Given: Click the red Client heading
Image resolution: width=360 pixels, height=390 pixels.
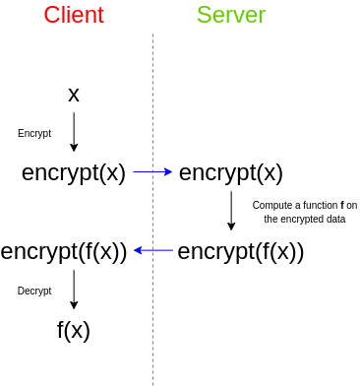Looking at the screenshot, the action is [74, 15].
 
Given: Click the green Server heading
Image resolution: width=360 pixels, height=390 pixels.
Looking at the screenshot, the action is [231, 15].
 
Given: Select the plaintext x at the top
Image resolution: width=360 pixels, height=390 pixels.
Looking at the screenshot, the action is [74, 96].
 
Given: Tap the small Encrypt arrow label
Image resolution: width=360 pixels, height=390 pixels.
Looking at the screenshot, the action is [34, 134].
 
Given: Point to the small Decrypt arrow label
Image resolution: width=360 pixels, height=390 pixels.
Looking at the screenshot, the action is [34, 291].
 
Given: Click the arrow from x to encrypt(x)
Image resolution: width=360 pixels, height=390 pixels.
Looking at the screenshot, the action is [74, 132].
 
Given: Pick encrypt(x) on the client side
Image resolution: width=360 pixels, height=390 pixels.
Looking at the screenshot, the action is [74, 173].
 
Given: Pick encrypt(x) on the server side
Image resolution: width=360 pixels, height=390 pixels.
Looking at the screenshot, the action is [231, 173].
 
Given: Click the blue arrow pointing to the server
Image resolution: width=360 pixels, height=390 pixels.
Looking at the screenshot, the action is [152, 171].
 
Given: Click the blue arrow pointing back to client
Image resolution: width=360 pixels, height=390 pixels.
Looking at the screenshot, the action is [153, 250].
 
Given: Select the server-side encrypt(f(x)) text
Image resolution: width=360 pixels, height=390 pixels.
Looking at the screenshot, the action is [241, 252].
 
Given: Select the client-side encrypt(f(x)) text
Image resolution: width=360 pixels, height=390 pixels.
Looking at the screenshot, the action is [64, 252].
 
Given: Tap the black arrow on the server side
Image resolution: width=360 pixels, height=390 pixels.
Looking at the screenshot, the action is [231, 211].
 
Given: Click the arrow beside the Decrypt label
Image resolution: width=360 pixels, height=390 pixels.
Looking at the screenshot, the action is [74, 290].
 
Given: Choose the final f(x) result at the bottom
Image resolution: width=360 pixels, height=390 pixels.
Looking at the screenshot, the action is [74, 330].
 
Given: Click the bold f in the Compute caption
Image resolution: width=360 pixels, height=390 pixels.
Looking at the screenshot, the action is [342, 206].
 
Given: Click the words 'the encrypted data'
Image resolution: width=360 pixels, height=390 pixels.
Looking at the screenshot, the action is [305, 219].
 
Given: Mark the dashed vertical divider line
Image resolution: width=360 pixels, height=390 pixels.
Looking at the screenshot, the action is [152, 210].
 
